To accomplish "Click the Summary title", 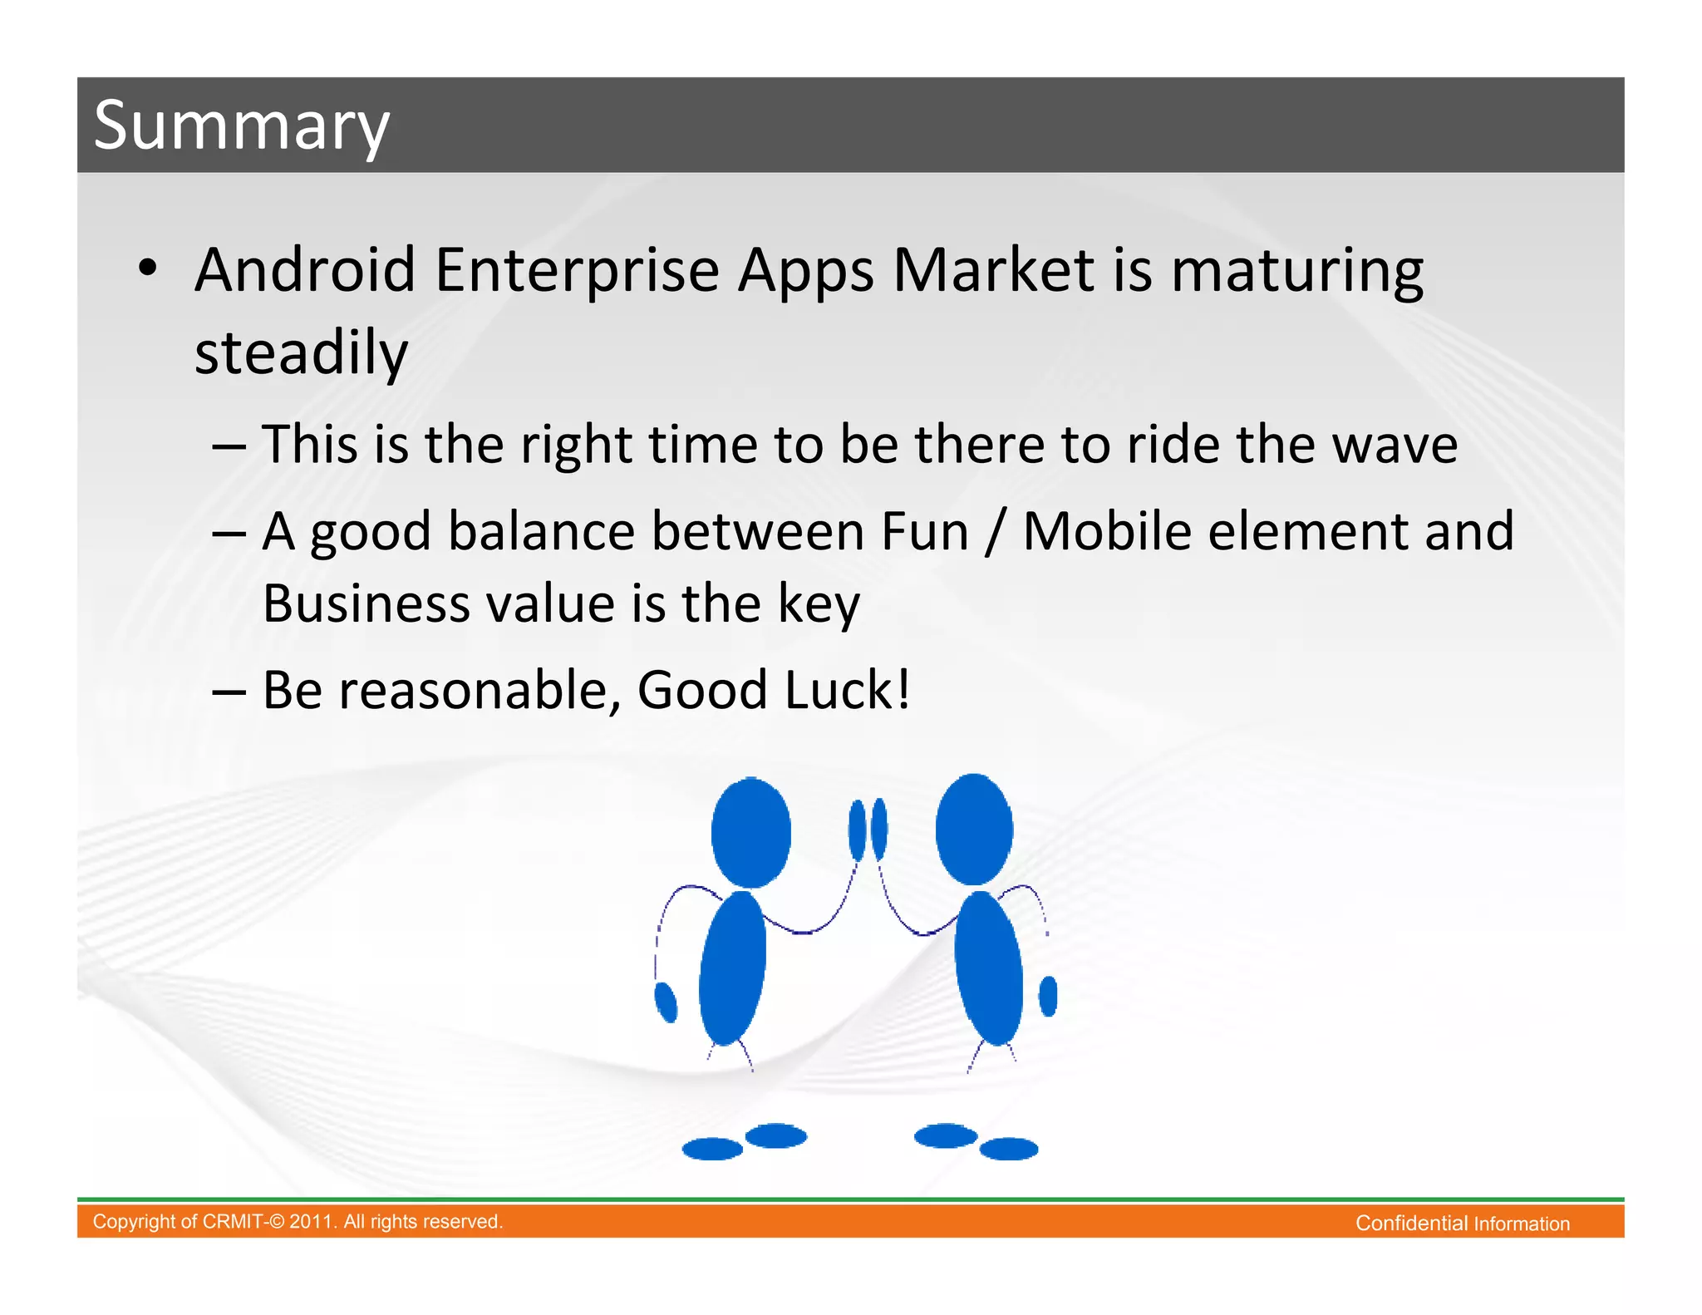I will (x=241, y=126).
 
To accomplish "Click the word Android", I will (x=304, y=271).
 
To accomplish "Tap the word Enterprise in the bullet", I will (x=576, y=271).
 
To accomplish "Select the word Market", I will (x=993, y=271).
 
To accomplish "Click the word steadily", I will (x=301, y=353).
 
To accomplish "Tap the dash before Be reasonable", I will (x=229, y=692).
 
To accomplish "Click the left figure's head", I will (x=750, y=831).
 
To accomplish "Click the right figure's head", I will (x=974, y=829).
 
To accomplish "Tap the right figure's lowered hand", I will (x=1048, y=996).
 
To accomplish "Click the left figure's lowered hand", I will (x=666, y=1002).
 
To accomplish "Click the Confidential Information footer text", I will (x=1462, y=1224).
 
